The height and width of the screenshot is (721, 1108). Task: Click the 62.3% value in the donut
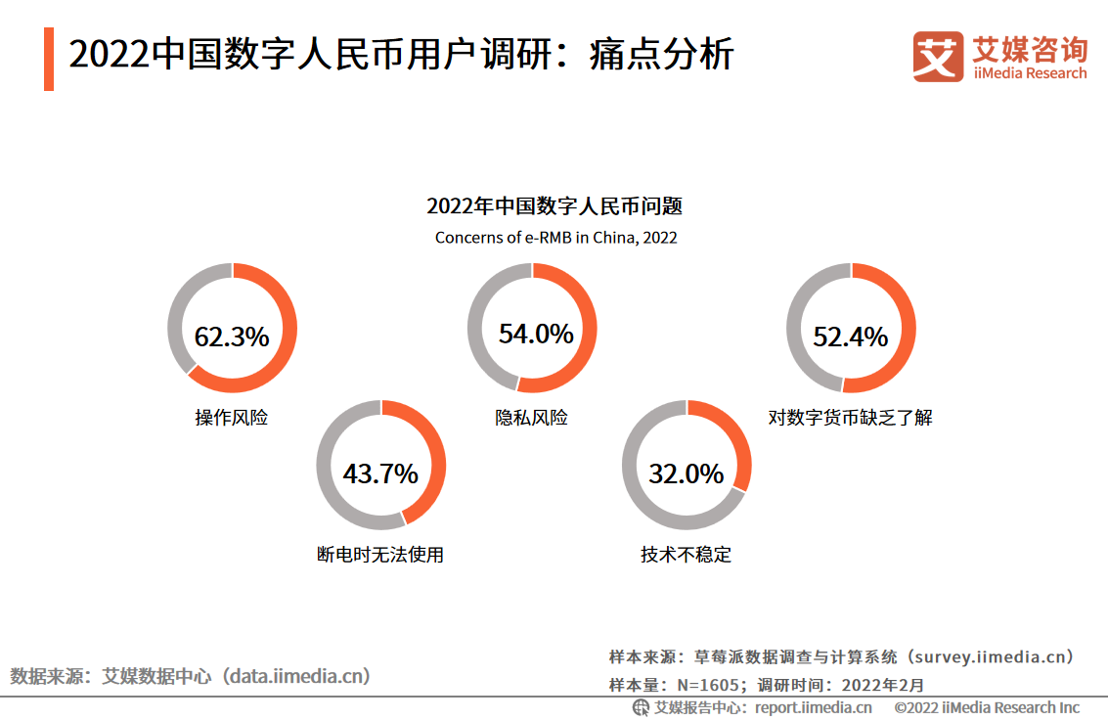click(232, 337)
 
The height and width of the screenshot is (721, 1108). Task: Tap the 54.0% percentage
click(536, 334)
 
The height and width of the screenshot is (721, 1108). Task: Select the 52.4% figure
click(851, 337)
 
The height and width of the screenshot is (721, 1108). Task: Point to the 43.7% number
click(380, 474)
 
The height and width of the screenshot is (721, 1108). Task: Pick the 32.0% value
click(687, 474)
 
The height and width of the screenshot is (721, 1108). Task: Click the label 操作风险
click(232, 418)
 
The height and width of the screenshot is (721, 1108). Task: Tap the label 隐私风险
click(532, 418)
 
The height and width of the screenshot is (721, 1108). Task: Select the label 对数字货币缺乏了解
click(851, 418)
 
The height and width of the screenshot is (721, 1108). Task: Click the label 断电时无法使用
click(380, 555)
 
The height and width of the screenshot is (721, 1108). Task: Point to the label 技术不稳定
click(687, 555)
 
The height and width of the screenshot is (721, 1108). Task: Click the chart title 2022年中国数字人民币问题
click(554, 206)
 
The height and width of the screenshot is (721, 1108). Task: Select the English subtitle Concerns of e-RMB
click(555, 238)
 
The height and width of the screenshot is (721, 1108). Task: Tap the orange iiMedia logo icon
click(938, 56)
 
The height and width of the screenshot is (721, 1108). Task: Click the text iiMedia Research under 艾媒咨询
click(1030, 73)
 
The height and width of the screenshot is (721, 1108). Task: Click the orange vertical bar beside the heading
click(49, 59)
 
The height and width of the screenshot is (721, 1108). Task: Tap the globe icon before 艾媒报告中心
click(641, 707)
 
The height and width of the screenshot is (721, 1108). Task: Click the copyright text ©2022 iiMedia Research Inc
click(987, 707)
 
